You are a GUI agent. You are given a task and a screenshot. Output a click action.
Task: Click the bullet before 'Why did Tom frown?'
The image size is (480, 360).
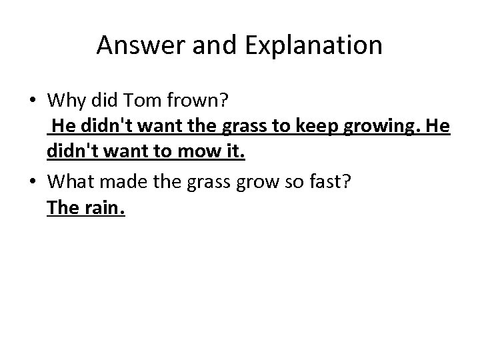(33, 101)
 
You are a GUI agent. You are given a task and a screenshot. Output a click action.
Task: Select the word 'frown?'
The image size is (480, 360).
(199, 101)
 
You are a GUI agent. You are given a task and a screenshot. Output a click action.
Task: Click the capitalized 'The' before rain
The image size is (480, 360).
(63, 207)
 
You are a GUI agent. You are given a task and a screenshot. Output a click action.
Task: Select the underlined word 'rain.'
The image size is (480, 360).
(105, 208)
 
